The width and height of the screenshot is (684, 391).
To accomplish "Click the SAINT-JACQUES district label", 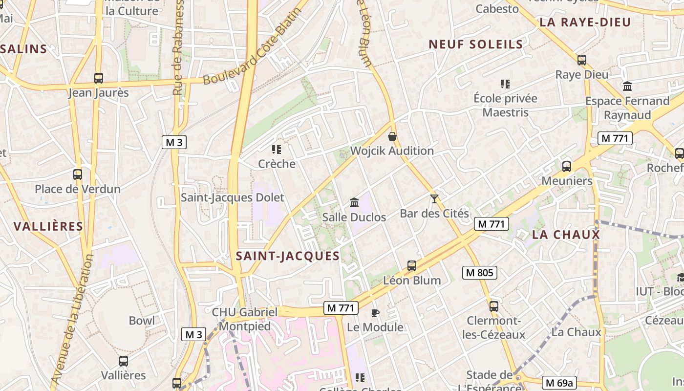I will tap(288, 256).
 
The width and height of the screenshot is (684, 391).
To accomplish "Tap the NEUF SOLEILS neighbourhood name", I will tap(476, 44).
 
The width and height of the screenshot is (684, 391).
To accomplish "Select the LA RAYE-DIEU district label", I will tap(585, 22).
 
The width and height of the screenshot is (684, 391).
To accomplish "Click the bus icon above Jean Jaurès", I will tap(99, 78).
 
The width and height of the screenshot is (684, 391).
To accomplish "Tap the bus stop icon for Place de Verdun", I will tap(78, 174).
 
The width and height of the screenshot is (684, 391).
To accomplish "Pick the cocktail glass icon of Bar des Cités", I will tap(434, 198).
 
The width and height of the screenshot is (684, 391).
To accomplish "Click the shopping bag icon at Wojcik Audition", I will tap(392, 136).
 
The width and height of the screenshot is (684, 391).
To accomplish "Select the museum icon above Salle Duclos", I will tap(354, 202).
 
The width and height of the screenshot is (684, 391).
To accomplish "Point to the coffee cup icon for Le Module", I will tap(375, 313).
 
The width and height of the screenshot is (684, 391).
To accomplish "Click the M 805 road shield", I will tap(479, 273).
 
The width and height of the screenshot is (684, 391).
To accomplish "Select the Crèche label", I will tap(277, 164).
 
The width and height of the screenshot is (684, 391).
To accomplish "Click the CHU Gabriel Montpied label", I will tap(244, 319).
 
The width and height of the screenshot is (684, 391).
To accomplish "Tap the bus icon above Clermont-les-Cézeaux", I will tap(494, 306).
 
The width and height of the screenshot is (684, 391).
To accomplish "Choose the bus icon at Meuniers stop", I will tap(567, 166).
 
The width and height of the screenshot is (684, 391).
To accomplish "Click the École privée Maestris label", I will tap(505, 105).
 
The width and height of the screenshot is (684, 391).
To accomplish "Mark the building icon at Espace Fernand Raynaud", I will tap(627, 87).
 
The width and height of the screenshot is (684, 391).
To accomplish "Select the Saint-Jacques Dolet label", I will tap(232, 197).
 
